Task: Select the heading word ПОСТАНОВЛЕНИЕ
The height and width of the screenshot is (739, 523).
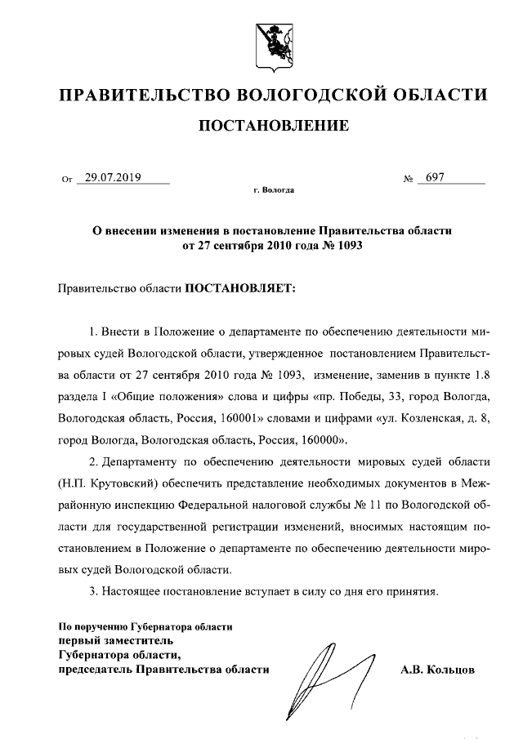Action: tap(273, 126)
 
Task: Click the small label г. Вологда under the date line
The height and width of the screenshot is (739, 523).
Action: tap(273, 190)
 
